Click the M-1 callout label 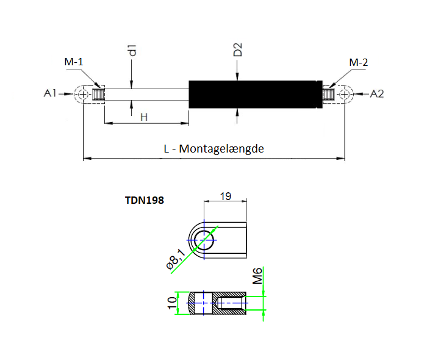[x=74, y=62]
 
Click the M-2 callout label [x=359, y=62]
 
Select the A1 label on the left [x=50, y=93]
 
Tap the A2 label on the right [x=377, y=94]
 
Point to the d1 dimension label [x=132, y=51]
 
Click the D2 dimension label [x=238, y=49]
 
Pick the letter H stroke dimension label [x=144, y=117]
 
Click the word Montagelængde [x=221, y=149]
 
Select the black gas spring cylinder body [x=256, y=94]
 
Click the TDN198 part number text [x=145, y=200]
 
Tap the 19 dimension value [x=226, y=196]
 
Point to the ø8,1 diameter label [x=176, y=259]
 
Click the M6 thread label [x=257, y=276]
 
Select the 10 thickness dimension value [x=172, y=303]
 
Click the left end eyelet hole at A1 [x=83, y=95]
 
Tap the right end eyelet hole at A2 [x=345, y=95]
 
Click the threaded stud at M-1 [x=98, y=95]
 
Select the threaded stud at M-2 [x=328, y=95]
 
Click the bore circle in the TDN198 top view [x=204, y=240]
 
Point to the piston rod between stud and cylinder [x=146, y=95]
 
